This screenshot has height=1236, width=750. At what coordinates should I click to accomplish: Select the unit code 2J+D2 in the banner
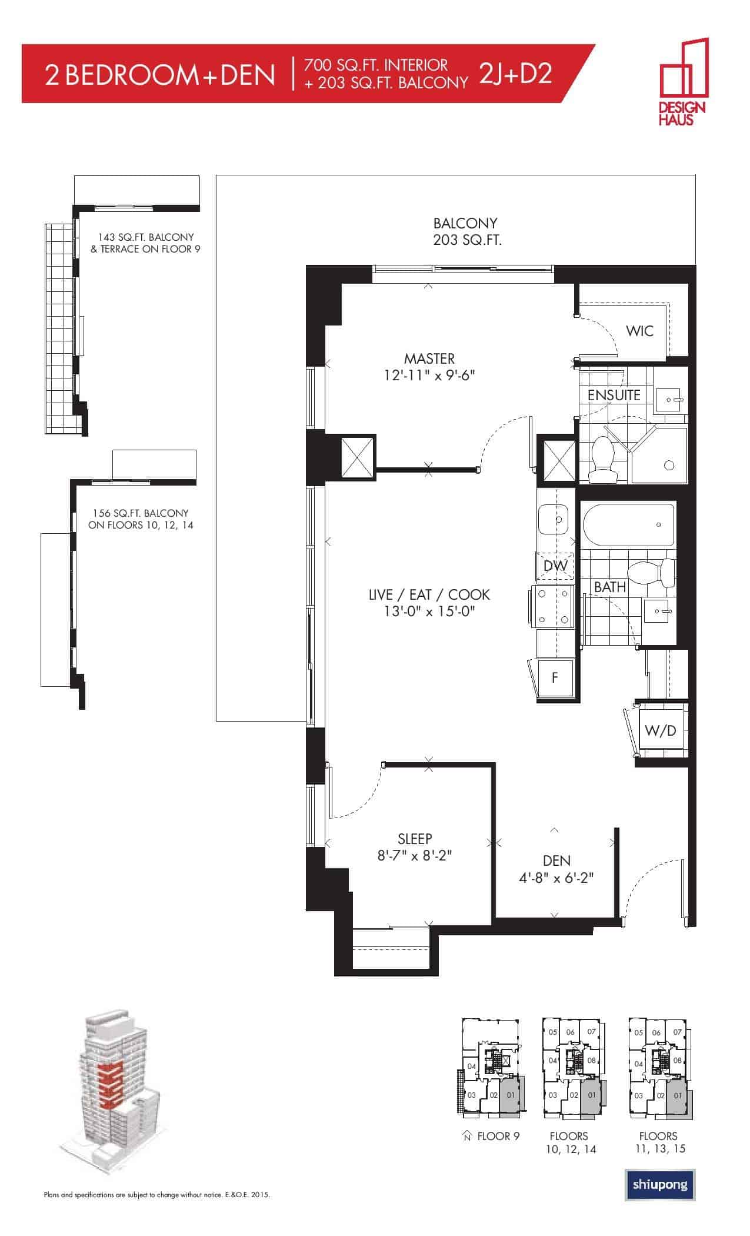(x=515, y=74)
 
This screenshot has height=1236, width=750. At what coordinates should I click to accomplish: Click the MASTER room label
(x=429, y=358)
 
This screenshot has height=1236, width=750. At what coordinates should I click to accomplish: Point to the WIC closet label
(x=639, y=331)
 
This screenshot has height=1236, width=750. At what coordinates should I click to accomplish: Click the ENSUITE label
(x=614, y=395)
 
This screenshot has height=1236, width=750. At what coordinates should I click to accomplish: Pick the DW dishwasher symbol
(x=555, y=566)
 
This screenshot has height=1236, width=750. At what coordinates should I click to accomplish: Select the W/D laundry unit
(x=660, y=730)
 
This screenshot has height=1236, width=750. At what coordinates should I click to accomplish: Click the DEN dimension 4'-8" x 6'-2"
(x=556, y=878)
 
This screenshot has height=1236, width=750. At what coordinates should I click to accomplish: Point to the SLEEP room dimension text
(x=415, y=855)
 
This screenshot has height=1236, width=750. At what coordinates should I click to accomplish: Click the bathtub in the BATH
(x=628, y=525)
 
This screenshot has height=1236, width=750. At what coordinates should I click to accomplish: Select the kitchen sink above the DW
(x=554, y=520)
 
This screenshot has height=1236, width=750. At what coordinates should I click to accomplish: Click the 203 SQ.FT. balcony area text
(x=467, y=240)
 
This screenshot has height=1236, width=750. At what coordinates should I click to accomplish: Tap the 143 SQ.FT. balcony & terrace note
(x=146, y=242)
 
